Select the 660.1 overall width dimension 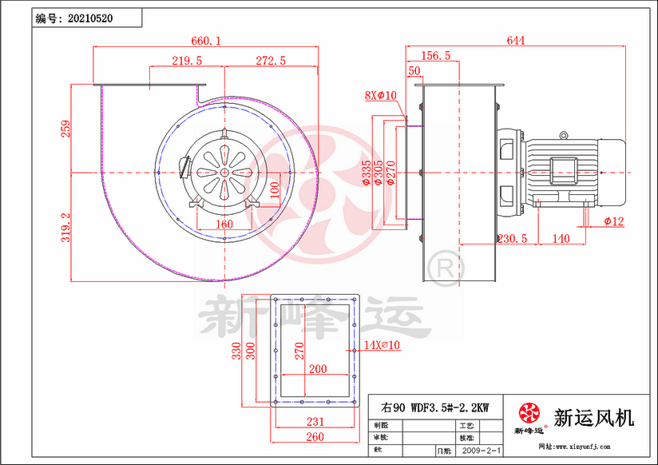[206, 40]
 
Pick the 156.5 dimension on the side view [435, 55]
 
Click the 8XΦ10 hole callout [380, 96]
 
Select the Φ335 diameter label [367, 173]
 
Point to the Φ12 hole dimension [613, 221]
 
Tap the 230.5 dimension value [511, 239]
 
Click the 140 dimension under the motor [560, 239]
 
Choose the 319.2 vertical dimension [66, 227]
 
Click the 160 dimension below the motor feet [224, 225]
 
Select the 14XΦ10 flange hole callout [381, 345]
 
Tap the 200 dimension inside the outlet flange [317, 369]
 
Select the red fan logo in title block [528, 413]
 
